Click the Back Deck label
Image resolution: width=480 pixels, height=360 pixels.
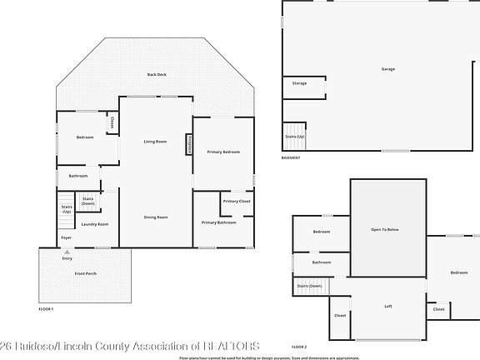point(157,75)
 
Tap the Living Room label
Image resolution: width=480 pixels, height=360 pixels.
point(155,142)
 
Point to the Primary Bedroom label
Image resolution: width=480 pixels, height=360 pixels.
point(223,152)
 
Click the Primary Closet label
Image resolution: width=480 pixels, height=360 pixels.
point(237,202)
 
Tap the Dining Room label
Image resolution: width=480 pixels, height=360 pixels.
point(156,217)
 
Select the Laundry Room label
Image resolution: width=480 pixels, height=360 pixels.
point(95,224)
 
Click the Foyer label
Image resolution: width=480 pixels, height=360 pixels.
point(67,238)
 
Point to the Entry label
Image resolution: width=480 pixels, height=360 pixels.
point(67,258)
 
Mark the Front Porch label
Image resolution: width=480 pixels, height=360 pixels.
point(86,274)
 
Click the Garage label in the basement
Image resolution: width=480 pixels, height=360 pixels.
point(388,68)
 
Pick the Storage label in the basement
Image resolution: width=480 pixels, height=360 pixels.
point(299,83)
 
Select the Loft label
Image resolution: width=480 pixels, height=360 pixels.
point(387,307)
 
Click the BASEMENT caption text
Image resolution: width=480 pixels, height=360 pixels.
point(290,158)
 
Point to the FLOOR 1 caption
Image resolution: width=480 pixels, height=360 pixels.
point(46,309)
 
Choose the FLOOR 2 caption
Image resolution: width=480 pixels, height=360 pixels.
point(298,345)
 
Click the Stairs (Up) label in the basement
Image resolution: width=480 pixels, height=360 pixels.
point(295,136)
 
